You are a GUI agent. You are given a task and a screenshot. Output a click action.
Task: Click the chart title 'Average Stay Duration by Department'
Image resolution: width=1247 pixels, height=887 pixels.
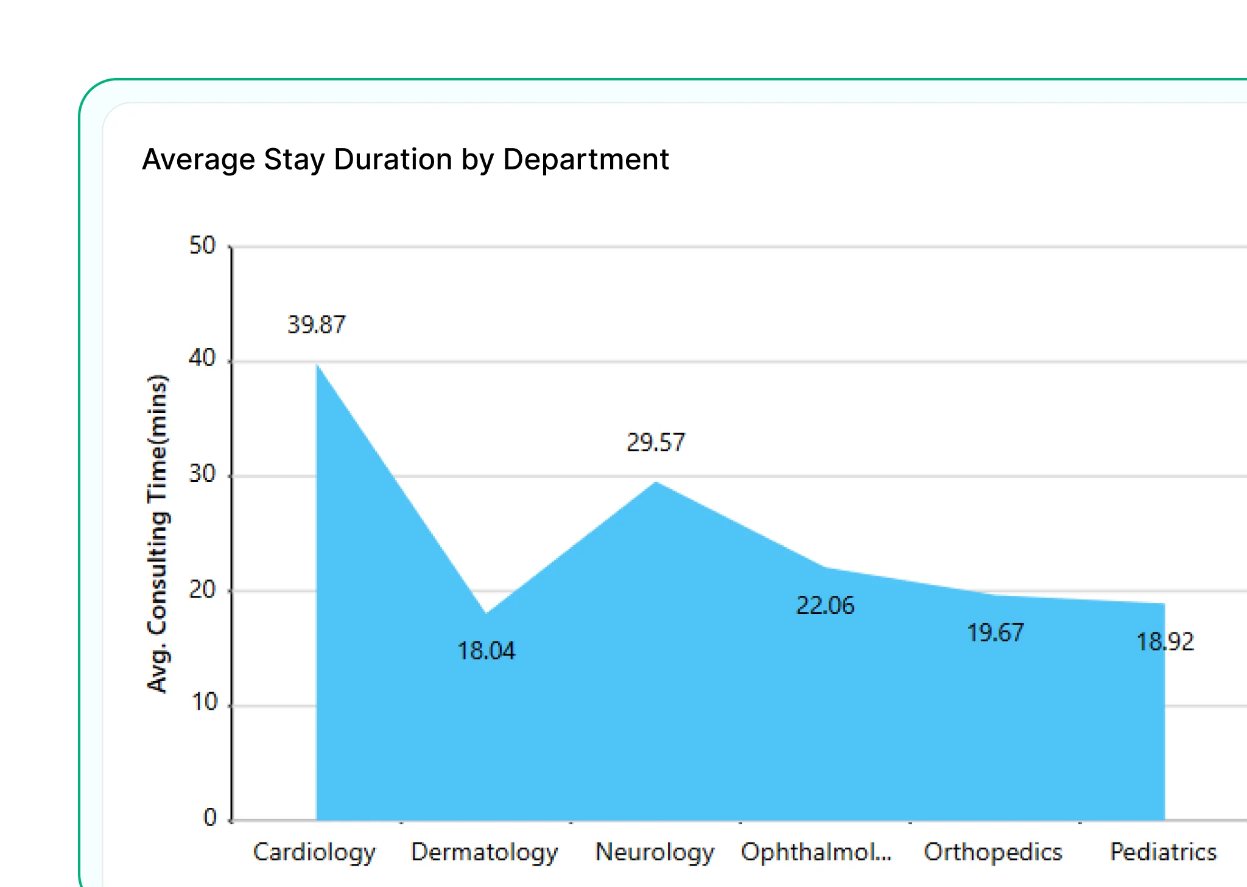point(405,160)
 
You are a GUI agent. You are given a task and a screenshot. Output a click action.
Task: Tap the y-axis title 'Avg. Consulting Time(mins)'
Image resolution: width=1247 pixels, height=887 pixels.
point(157,534)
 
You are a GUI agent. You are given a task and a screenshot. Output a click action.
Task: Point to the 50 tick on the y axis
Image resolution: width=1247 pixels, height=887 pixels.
point(202,246)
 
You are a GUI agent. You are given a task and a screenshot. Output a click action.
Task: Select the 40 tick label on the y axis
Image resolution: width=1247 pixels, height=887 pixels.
point(202,358)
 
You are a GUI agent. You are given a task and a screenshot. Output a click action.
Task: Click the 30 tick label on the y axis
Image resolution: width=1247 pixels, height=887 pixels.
point(202,473)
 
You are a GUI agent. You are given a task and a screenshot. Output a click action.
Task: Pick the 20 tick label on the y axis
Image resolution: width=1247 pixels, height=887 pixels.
point(202,589)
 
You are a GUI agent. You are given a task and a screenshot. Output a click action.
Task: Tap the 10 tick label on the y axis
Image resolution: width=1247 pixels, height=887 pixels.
point(204,702)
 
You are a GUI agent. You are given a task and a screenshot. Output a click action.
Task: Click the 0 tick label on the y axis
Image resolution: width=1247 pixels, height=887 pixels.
point(210,817)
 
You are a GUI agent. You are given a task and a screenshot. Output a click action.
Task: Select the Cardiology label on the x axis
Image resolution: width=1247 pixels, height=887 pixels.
point(314,852)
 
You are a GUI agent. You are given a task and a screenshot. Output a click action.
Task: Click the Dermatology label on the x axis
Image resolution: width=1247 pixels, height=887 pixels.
point(484,852)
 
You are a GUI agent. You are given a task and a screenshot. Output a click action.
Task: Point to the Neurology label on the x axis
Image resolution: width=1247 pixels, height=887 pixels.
point(655,852)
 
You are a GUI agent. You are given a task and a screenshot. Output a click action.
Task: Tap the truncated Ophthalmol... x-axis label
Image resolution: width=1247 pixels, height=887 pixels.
point(816,852)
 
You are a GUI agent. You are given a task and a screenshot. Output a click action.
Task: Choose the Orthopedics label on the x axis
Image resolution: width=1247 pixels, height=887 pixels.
point(992,852)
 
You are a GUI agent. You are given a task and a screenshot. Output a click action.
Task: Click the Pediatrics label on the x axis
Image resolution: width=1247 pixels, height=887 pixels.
point(1163,852)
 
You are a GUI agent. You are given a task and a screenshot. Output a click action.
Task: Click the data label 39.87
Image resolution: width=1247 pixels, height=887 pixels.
point(316,325)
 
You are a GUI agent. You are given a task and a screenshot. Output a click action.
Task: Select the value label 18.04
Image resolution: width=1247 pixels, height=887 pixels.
point(486,651)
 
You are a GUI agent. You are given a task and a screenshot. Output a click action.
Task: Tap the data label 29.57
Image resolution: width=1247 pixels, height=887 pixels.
point(656,442)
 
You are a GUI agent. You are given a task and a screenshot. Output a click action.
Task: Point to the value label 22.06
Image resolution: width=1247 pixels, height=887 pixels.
point(825,605)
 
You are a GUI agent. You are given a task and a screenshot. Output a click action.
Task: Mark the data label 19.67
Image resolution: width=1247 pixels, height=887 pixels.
point(996,632)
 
